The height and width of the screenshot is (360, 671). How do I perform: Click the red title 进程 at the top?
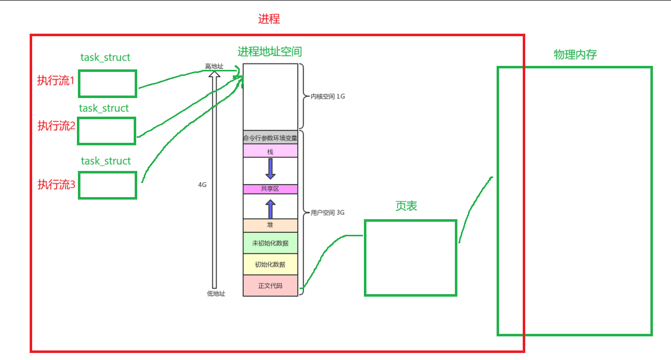tap(269, 20)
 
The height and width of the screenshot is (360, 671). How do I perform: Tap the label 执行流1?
tap(56, 80)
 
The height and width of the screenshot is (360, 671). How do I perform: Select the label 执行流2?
tap(56, 126)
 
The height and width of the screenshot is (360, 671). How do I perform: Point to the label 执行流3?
tap(56, 185)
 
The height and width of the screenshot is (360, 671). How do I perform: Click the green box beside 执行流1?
tap(107, 83)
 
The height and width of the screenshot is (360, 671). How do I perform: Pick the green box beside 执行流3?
tap(107, 185)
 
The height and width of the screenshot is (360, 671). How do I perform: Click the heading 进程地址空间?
tap(270, 51)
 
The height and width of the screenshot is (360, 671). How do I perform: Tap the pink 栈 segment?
tap(270, 151)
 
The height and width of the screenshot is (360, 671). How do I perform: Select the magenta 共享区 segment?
tap(270, 189)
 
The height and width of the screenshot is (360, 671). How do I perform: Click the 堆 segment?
tap(270, 225)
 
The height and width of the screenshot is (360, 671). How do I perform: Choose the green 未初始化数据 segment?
tap(270, 243)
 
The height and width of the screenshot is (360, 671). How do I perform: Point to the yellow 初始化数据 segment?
tap(270, 264)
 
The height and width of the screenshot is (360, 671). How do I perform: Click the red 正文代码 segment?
tap(270, 286)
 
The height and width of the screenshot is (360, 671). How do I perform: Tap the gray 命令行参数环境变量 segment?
tap(270, 138)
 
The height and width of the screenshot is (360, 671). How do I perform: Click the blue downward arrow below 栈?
tap(270, 168)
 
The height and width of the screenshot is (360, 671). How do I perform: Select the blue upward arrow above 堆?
tap(270, 209)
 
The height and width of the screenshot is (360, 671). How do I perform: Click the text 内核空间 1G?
tap(328, 96)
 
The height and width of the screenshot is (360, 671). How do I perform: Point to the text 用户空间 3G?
tap(328, 213)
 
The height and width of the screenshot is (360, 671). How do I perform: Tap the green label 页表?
tap(406, 207)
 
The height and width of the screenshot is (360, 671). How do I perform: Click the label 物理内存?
tap(575, 55)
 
